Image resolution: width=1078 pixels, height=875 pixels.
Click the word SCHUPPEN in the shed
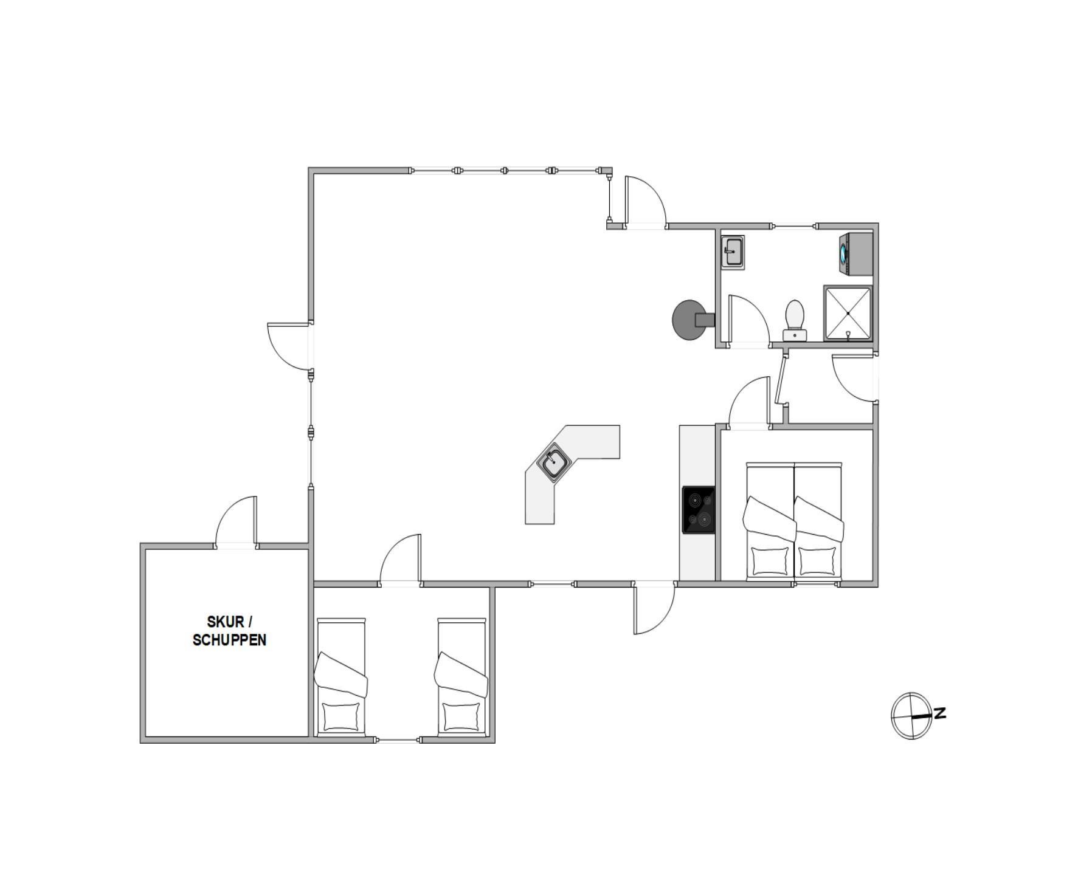[229, 640]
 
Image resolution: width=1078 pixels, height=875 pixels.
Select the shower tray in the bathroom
[848, 313]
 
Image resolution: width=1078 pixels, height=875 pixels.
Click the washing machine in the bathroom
[856, 254]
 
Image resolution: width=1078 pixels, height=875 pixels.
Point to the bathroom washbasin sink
[733, 252]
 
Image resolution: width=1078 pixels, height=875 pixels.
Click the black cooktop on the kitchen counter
[699, 510]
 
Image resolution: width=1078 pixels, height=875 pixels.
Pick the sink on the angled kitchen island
[554, 462]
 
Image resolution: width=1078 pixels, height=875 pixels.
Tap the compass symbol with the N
[911, 716]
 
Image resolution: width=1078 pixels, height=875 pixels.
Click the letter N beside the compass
[940, 713]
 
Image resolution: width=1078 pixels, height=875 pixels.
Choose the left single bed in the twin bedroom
[340, 677]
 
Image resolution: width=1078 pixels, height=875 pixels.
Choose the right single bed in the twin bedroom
[461, 677]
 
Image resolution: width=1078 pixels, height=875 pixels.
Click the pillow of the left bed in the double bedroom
[769, 561]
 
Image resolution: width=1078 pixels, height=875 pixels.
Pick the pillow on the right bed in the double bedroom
[817, 561]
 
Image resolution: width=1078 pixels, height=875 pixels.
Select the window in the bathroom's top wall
[794, 227]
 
